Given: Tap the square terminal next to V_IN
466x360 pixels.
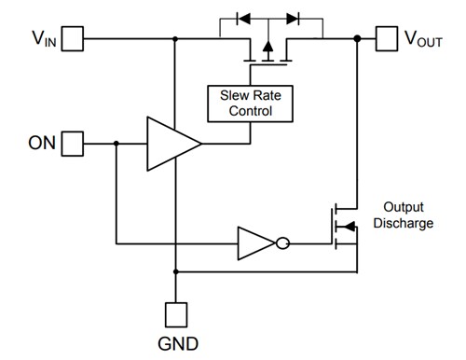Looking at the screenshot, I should pos(74,38).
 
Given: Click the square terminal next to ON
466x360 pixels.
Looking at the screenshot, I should pos(74,144).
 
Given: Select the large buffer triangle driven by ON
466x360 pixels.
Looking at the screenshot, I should pos(171,144).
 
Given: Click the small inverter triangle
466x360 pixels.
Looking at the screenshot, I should pos(253,244).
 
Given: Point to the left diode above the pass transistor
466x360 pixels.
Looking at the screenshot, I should pos(244,17).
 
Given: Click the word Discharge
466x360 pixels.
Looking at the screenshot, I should pos(407,223).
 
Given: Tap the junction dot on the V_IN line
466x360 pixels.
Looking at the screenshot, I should pos(174,38).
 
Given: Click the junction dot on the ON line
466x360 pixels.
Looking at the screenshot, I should pos(115,144).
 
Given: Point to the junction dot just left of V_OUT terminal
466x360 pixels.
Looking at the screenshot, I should pos(357,38).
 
